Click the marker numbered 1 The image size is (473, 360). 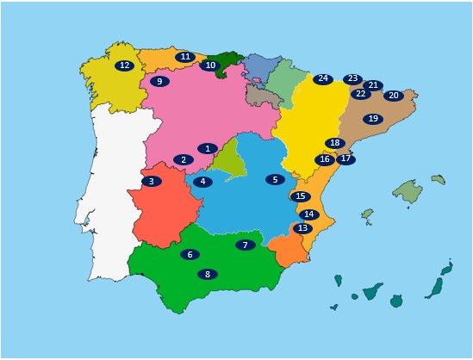(x=207, y=148)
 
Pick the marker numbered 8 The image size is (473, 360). (x=207, y=274)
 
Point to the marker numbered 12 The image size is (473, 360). (x=124, y=65)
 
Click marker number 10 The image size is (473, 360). (x=209, y=65)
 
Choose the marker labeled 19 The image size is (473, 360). (x=372, y=119)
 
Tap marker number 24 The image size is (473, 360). (x=322, y=78)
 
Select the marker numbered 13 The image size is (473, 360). (x=302, y=228)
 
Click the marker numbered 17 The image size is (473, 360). (x=345, y=158)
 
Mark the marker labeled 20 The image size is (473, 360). (x=393, y=96)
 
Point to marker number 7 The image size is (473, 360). (x=245, y=245)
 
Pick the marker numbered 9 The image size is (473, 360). (x=159, y=81)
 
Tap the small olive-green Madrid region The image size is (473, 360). (x=228, y=160)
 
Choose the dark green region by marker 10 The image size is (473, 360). (x=228, y=59)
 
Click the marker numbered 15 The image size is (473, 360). (x=300, y=196)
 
